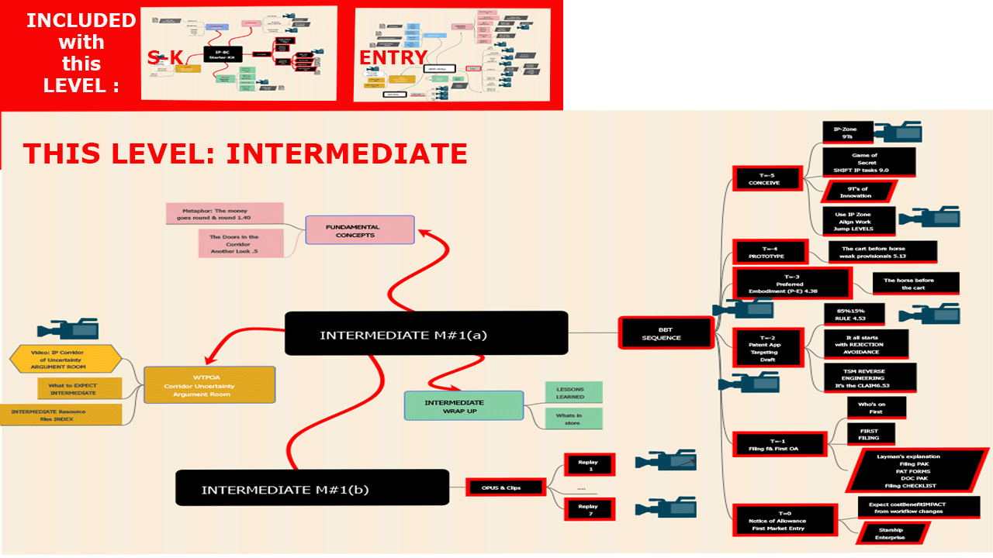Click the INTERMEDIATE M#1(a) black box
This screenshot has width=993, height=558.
(426, 334)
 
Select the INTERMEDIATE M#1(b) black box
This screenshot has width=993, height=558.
(312, 489)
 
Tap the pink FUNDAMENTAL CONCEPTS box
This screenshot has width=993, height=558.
(360, 230)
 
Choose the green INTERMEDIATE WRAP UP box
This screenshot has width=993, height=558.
(464, 405)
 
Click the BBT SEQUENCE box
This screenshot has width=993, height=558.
(666, 333)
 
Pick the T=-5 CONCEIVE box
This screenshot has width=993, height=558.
(764, 179)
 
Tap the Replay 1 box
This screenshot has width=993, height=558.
(589, 466)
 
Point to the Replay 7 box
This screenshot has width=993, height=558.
(589, 509)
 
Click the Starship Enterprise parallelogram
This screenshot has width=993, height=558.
(891, 532)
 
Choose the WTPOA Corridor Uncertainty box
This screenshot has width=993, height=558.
(210, 385)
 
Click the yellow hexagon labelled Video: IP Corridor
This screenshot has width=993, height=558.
(65, 360)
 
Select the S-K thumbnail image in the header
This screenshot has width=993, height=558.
(239, 53)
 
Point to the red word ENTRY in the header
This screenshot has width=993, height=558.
(393, 57)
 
